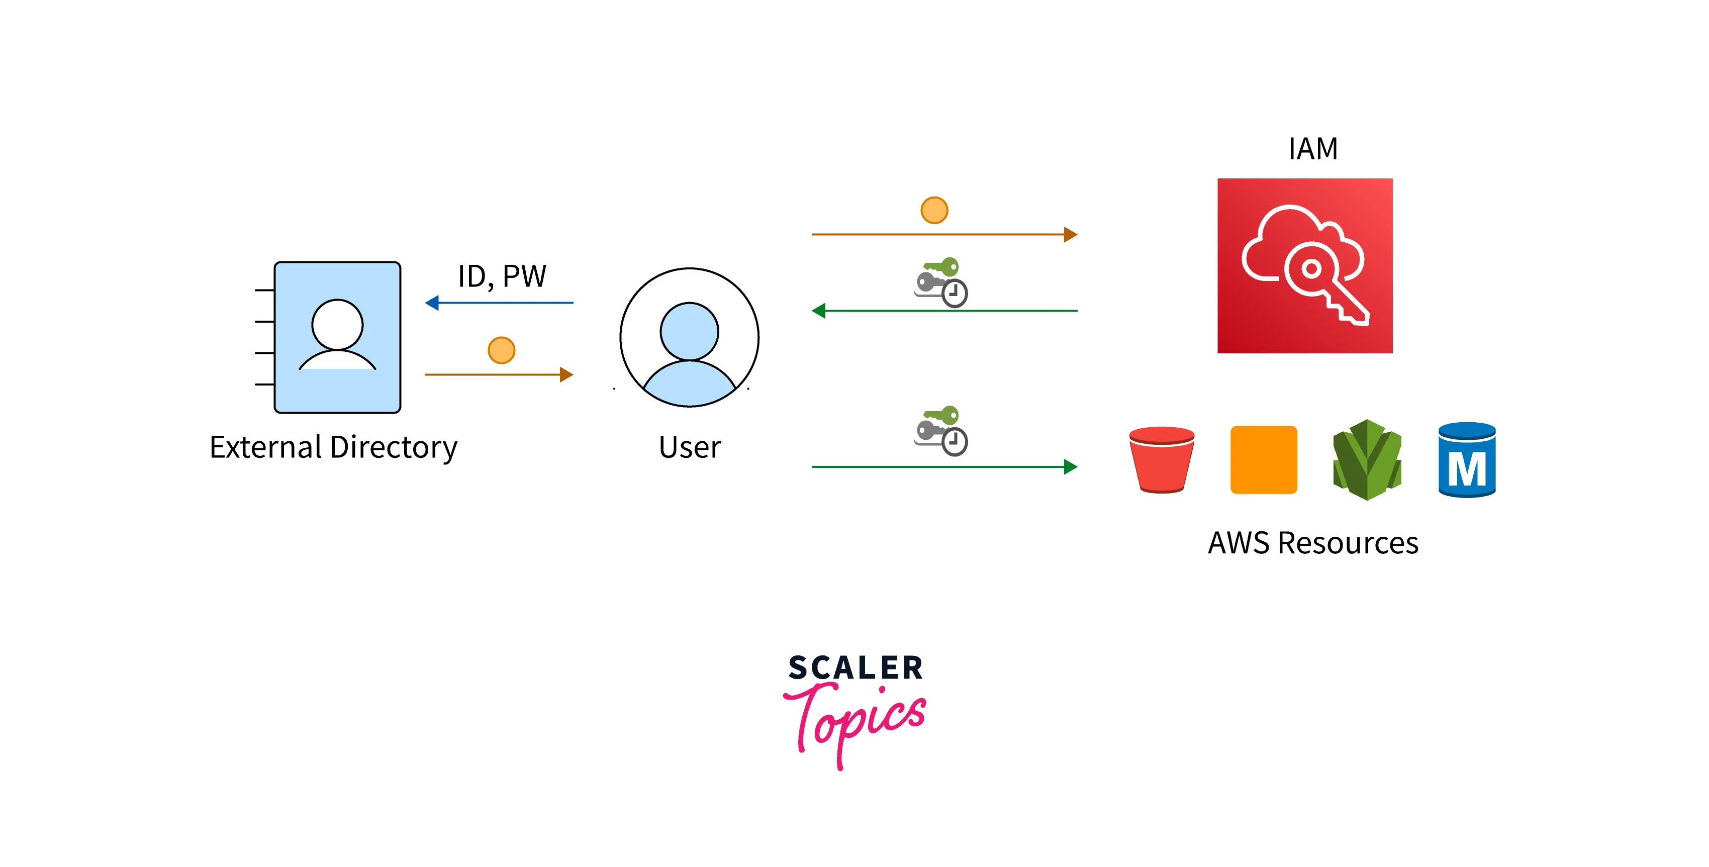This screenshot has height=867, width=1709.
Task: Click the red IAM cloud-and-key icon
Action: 1304,265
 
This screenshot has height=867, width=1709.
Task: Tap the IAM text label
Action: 1312,149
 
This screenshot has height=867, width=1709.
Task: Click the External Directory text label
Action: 333,447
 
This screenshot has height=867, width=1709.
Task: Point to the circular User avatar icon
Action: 689,337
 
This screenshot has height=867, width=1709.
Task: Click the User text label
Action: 689,447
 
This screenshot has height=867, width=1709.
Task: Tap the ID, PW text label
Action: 502,276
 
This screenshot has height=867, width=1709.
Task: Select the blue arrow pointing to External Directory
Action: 499,303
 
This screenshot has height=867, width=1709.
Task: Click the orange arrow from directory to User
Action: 499,375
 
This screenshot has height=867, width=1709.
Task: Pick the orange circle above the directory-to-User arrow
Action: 502,350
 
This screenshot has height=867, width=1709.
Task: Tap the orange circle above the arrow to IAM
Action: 934,210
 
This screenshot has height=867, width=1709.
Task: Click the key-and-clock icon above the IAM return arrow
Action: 941,282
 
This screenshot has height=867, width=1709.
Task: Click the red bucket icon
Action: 1162,460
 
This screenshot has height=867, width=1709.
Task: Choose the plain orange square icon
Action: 1263,460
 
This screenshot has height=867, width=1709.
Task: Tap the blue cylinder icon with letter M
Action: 1466,460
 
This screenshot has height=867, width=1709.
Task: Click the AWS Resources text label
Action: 1312,543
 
